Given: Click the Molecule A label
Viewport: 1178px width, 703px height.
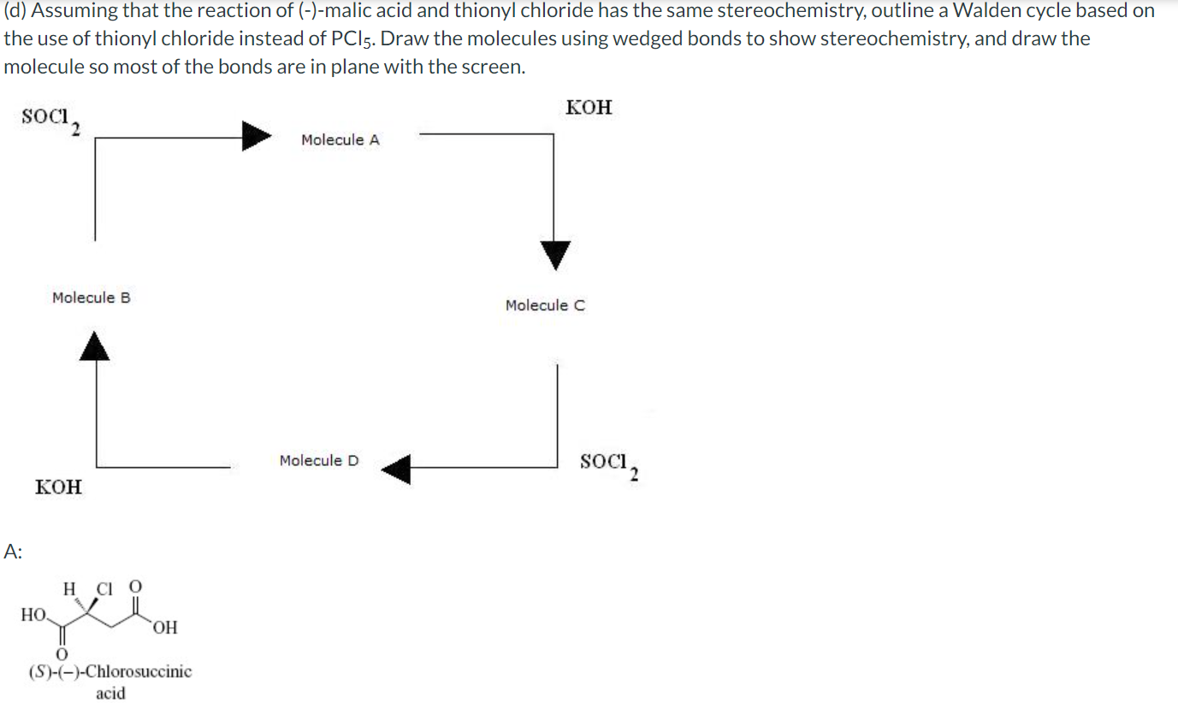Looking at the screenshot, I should coord(340,140).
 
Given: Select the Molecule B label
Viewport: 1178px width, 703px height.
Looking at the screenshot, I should coord(91,298).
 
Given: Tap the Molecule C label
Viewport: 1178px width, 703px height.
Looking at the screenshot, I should coord(545,305).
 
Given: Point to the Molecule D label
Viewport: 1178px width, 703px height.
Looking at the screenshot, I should coord(319,461).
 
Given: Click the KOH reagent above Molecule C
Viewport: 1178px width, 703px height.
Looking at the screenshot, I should coord(589,108).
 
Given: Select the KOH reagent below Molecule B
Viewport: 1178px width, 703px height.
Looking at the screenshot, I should coord(58,487).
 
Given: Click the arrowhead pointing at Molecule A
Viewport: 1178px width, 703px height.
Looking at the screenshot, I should coord(256,136).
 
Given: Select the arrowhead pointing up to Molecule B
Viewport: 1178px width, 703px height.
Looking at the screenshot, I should coord(96,346).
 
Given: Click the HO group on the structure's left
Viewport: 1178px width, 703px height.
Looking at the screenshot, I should coord(33,614).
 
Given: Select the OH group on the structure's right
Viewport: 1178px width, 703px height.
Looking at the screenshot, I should coord(166,629).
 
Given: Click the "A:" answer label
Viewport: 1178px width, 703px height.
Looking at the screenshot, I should coord(13,552).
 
